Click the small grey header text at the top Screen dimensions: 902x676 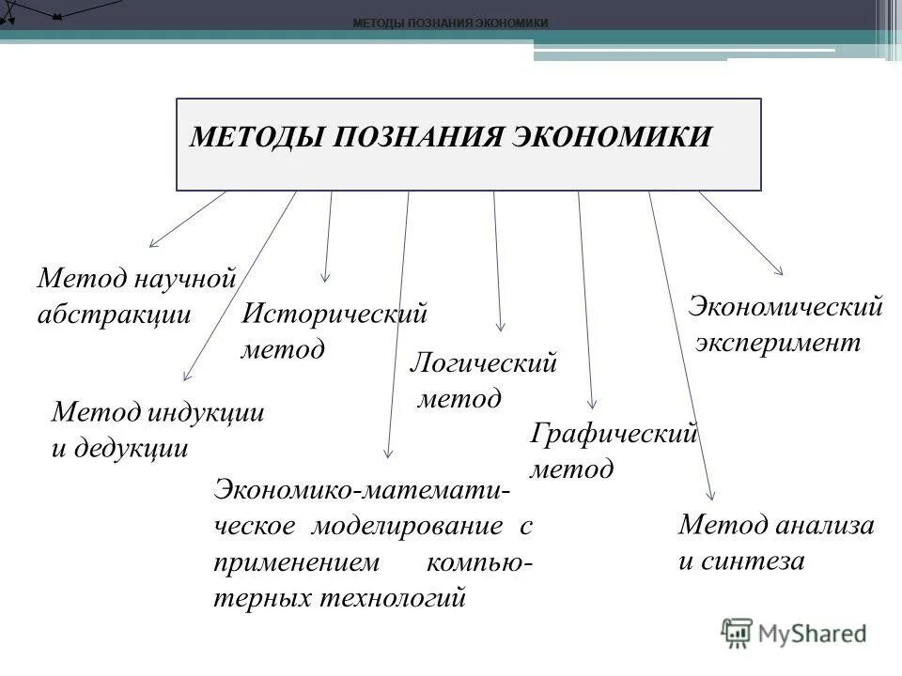click(x=450, y=23)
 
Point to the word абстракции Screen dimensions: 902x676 click(x=114, y=315)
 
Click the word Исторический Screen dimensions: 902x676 click(x=334, y=313)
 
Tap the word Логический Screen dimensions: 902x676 click(x=484, y=362)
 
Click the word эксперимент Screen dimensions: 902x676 click(x=778, y=342)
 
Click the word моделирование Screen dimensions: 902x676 click(x=407, y=526)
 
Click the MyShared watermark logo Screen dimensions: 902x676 click(x=794, y=633)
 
